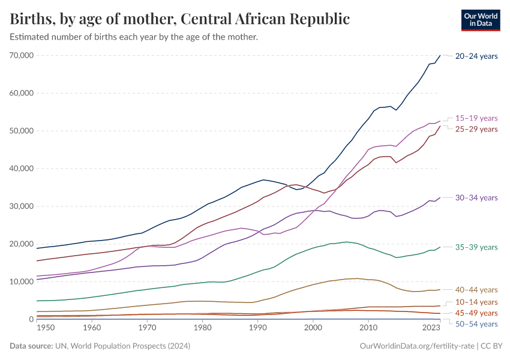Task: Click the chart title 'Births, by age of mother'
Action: pos(180,19)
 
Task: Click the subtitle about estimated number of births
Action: pos(134,37)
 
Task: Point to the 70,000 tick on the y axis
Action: pos(21,55)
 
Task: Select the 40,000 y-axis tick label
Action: pos(21,169)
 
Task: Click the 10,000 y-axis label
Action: pos(21,282)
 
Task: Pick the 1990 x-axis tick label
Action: pos(257,328)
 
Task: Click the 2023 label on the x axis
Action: pos(431,328)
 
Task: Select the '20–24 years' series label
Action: pos(476,56)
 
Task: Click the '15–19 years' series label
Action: pos(476,118)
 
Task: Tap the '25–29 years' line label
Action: pos(476,129)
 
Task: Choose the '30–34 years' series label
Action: pos(476,197)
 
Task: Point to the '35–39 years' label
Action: pos(476,247)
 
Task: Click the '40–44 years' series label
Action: pos(476,290)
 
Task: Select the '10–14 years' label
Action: pos(476,302)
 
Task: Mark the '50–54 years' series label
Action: pos(476,324)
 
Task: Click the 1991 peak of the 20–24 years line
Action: pos(263,180)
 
